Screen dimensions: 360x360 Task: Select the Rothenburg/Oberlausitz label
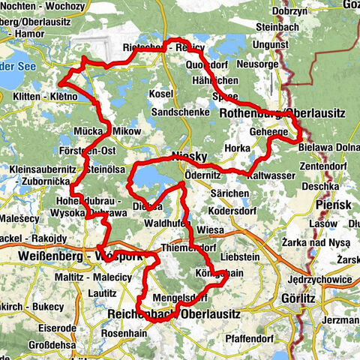pyautogui.click(x=283, y=112)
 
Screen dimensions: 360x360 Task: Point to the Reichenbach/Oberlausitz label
pyautogui.click(x=174, y=315)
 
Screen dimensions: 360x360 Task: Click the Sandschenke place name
pyautogui.click(x=177, y=112)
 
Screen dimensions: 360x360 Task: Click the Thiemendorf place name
pyautogui.click(x=187, y=247)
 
